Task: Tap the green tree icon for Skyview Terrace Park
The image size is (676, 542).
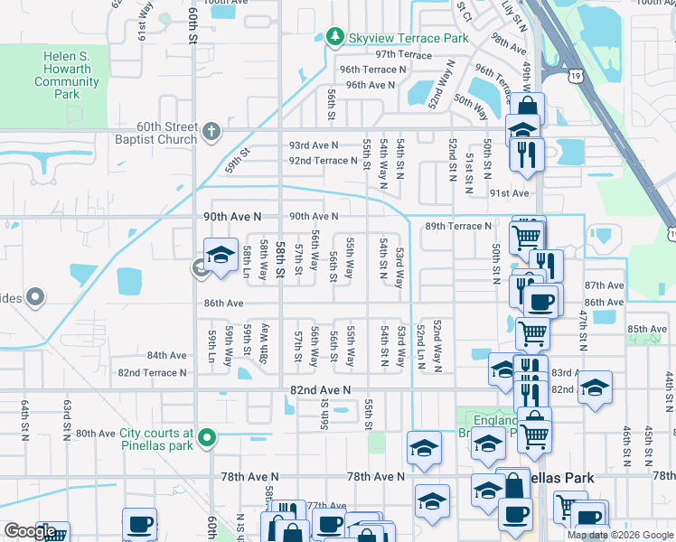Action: [335, 38]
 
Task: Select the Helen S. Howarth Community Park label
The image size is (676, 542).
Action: [66, 76]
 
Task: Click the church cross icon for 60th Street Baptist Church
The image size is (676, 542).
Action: [211, 132]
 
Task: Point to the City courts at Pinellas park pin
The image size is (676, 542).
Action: [207, 439]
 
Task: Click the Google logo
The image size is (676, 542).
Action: [30, 531]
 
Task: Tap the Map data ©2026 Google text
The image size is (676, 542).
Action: [620, 535]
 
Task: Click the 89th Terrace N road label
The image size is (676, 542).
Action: [458, 226]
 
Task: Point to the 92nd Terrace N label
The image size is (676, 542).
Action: [324, 160]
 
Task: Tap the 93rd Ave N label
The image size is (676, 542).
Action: [314, 145]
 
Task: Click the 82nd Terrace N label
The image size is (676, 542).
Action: [152, 372]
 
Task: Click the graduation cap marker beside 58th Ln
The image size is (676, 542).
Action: [220, 257]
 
